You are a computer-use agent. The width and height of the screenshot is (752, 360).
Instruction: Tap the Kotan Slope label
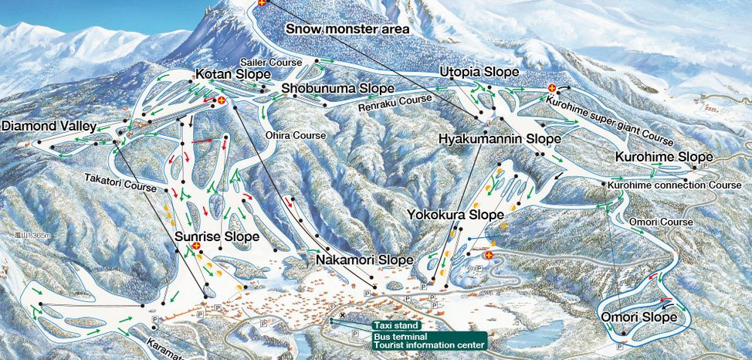pyautogui.click(x=232, y=74)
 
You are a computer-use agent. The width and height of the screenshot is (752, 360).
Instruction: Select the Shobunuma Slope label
pyautogui.click(x=337, y=89)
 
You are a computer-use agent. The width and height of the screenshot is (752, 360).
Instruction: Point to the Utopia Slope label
pyautogui.click(x=479, y=72)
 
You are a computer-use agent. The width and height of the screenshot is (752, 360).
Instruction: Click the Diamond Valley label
pyautogui.click(x=49, y=126)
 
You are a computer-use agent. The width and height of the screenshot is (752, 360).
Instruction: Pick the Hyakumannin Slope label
pyautogui.click(x=499, y=139)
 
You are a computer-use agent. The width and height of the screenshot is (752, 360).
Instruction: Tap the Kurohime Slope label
pyautogui.click(x=662, y=158)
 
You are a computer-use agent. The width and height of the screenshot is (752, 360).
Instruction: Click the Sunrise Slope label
pyautogui.click(x=217, y=236)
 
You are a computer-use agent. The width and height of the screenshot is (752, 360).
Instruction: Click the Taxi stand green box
pyautogui.click(x=395, y=326)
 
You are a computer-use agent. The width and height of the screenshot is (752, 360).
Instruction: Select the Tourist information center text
pyautogui.click(x=429, y=345)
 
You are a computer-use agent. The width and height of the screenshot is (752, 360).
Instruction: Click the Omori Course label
pyautogui.click(x=661, y=222)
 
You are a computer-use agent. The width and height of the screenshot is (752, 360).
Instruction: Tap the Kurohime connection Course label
pyautogui.click(x=674, y=185)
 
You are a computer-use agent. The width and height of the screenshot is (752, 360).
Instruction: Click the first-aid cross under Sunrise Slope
pyautogui.click(x=196, y=246)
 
